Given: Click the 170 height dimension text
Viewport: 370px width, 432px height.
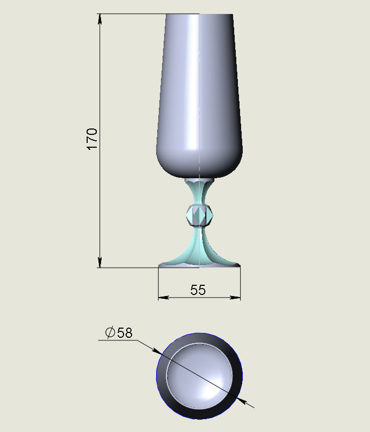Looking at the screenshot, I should pyautogui.click(x=92, y=139).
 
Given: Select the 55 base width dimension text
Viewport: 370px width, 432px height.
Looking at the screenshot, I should pyautogui.click(x=198, y=290).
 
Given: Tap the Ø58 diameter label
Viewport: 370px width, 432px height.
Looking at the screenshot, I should pyautogui.click(x=119, y=332).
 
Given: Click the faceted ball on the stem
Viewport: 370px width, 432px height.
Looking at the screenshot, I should pyautogui.click(x=199, y=215).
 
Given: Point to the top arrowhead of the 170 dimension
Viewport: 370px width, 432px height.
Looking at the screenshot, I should pyautogui.click(x=99, y=19).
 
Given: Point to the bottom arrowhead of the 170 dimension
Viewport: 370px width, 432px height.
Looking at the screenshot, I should pyautogui.click(x=99, y=262).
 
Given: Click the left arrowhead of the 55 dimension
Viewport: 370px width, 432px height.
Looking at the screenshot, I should pyautogui.click(x=163, y=297).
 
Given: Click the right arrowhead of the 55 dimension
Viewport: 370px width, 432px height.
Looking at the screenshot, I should pyautogui.click(x=236, y=297).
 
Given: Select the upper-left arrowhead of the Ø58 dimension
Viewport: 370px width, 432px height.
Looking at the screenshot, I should pyautogui.click(x=156, y=351).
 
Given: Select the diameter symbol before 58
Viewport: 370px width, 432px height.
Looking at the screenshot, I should pyautogui.click(x=110, y=332).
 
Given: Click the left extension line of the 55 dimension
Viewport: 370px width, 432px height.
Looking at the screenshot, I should pyautogui.click(x=159, y=284).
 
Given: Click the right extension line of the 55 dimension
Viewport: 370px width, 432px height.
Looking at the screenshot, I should pyautogui.click(x=240, y=284).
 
